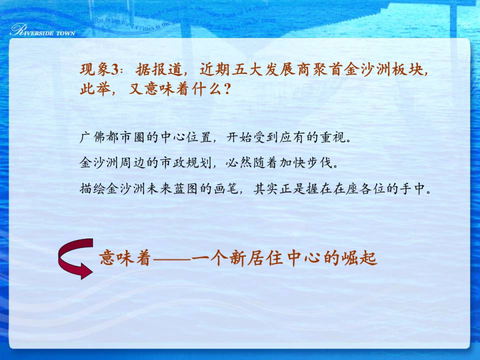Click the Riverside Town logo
42,30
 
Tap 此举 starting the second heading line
93,89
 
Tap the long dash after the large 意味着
172,260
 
